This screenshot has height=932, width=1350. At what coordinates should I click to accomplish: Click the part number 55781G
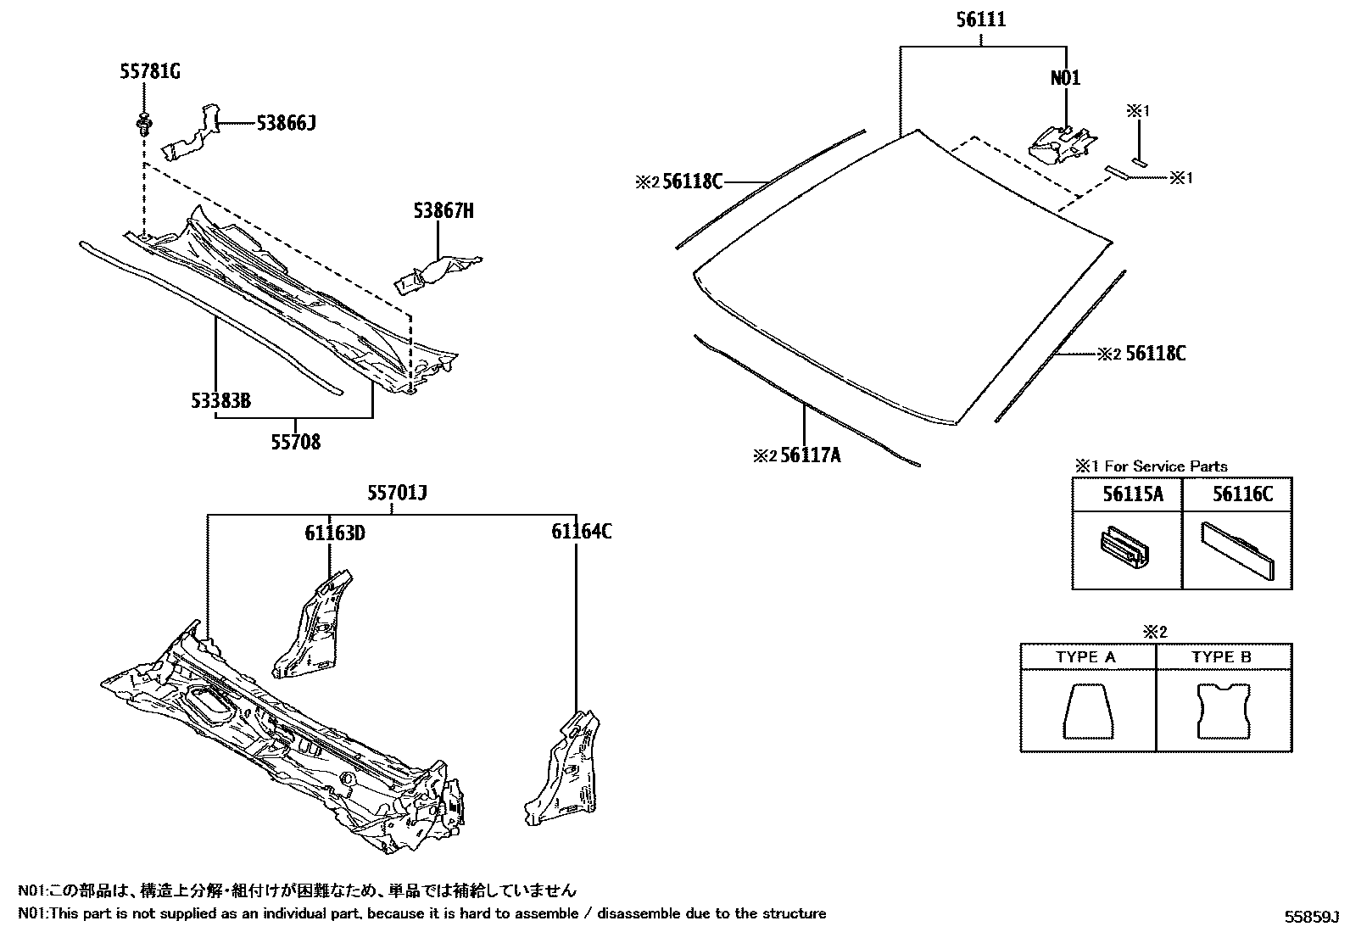pyautogui.click(x=149, y=72)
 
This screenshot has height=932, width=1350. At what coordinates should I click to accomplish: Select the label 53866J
pyautogui.click(x=287, y=124)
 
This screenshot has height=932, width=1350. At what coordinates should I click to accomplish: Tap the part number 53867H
pyautogui.click(x=443, y=210)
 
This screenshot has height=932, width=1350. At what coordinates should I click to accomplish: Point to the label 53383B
pyautogui.click(x=220, y=400)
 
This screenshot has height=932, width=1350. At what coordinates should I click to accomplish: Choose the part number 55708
pyautogui.click(x=296, y=442)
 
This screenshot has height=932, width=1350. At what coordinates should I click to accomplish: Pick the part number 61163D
pyautogui.click(x=335, y=533)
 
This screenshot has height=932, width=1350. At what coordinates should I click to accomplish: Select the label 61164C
pyautogui.click(x=581, y=532)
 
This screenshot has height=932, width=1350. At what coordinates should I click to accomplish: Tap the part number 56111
pyautogui.click(x=981, y=20)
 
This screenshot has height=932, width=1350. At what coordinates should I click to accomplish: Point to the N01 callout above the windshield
pyautogui.click(x=1065, y=78)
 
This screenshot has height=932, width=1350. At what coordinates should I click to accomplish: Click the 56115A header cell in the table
pyautogui.click(x=1127, y=494)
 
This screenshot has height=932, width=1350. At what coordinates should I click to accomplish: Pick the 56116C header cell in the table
pyautogui.click(x=1237, y=494)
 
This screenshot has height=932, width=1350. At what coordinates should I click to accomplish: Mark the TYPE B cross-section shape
pyautogui.click(x=1223, y=711)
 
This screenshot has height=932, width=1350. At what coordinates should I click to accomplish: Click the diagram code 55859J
pyautogui.click(x=1310, y=917)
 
